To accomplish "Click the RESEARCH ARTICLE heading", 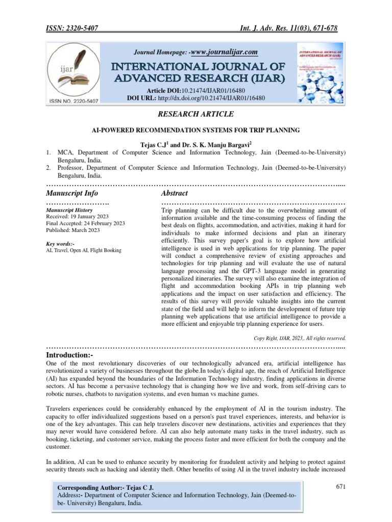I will (196, 114).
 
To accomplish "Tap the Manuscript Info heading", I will (72, 193).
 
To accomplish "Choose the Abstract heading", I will (175, 193).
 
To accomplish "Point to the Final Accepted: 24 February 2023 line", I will (85, 223).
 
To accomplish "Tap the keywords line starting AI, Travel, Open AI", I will (84, 250).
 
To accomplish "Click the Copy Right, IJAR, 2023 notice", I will (300, 337).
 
